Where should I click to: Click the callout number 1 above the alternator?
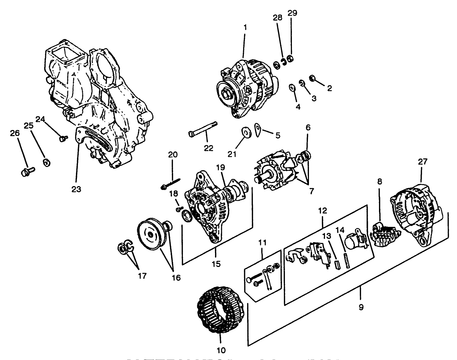point(245,27)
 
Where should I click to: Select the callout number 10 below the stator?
point(221,350)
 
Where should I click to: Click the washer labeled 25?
point(46,162)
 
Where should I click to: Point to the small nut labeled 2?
point(312,78)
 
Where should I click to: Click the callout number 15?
point(216,264)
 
